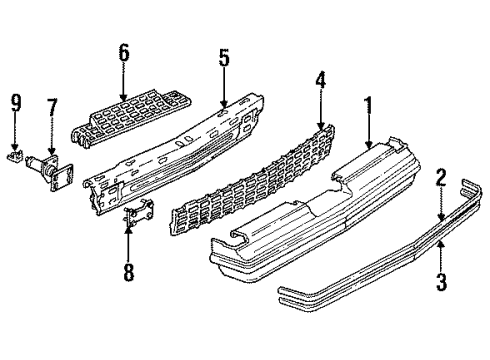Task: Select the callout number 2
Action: (439, 177)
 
